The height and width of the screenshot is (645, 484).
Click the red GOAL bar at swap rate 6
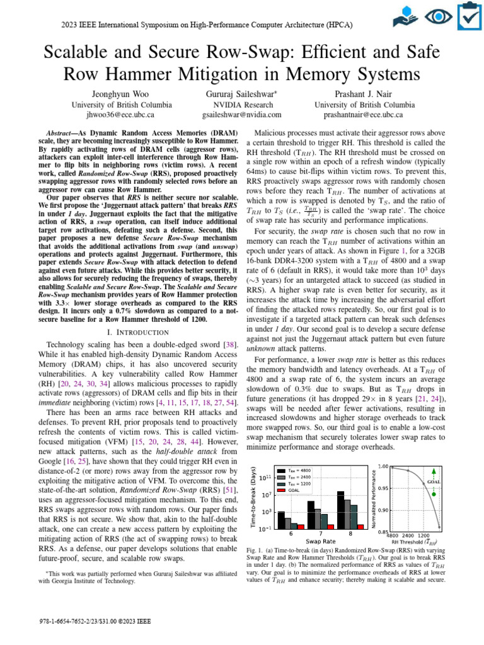pos(301,526)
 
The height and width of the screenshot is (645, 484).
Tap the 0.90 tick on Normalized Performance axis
pos(380,510)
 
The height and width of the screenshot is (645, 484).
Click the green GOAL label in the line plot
pos(433,482)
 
